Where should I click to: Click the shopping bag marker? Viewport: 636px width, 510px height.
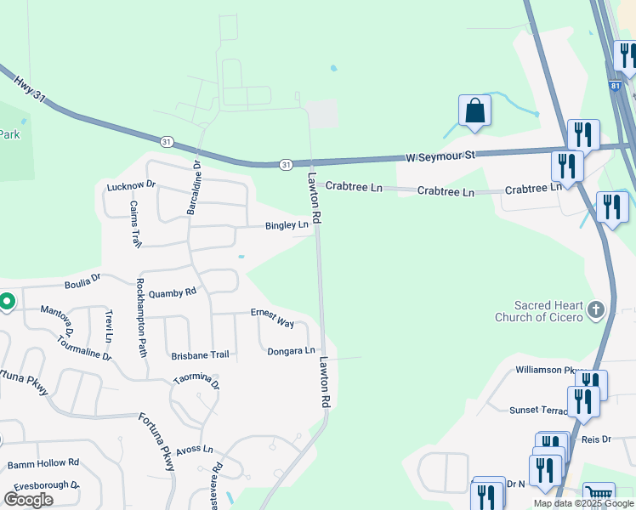click(x=474, y=111)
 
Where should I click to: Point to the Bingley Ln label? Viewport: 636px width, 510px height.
click(x=287, y=225)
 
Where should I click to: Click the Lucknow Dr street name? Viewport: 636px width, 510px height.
click(x=132, y=185)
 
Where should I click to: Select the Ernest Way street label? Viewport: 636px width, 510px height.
click(x=272, y=318)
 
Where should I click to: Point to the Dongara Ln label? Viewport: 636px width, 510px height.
click(x=291, y=351)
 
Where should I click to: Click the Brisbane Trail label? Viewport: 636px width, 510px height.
click(x=200, y=354)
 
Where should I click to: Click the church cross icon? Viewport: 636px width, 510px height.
click(x=595, y=309)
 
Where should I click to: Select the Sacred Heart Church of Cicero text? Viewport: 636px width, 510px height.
click(x=539, y=311)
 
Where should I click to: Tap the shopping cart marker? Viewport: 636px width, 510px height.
click(x=599, y=495)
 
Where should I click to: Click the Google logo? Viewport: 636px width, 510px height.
click(x=28, y=500)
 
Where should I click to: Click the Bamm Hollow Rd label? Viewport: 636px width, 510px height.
click(x=43, y=464)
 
